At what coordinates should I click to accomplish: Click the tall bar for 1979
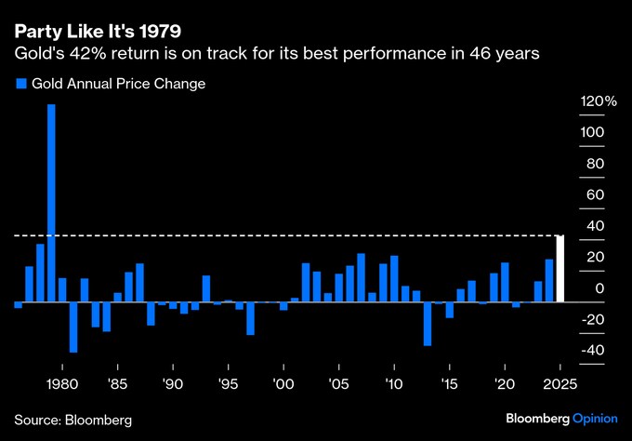tap(51, 203)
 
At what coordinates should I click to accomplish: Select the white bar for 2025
tap(560, 269)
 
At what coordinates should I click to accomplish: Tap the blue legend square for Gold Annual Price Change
tap(20, 84)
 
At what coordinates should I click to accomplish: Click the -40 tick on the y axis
tap(593, 351)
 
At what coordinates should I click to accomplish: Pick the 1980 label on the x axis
tap(61, 383)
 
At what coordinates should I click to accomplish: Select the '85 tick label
tap(117, 383)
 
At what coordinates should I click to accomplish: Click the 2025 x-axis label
tap(560, 383)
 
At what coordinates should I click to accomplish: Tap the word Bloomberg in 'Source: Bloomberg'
tap(98, 421)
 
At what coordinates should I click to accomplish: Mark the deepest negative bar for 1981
tap(73, 327)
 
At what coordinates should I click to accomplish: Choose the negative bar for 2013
tap(428, 324)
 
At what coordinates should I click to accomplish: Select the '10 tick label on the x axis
tap(394, 383)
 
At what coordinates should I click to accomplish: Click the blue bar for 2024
tap(549, 281)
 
